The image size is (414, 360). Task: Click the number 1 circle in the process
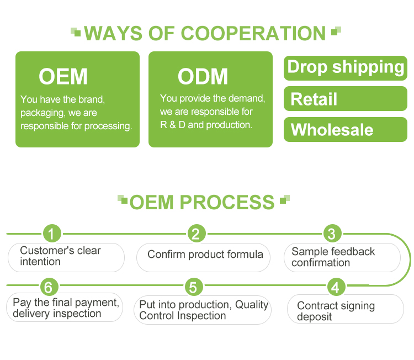(x=51, y=234)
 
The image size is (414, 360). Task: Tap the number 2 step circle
(x=196, y=234)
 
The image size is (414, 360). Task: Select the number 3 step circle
(x=331, y=234)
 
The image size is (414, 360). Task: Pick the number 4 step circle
(x=336, y=287)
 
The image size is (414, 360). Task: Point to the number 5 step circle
(x=193, y=287)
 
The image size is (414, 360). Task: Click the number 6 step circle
(x=49, y=287)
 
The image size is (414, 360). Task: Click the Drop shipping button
(x=346, y=67)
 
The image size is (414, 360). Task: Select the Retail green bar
(x=346, y=99)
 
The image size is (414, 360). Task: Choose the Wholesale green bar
(x=346, y=130)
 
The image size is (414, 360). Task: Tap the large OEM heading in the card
(x=63, y=77)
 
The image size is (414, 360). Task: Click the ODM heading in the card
(x=203, y=76)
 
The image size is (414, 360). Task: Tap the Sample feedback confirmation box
(x=342, y=257)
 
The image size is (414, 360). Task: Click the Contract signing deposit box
(x=345, y=310)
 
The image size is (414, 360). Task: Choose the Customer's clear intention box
(x=66, y=257)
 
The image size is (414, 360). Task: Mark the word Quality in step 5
(x=252, y=304)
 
